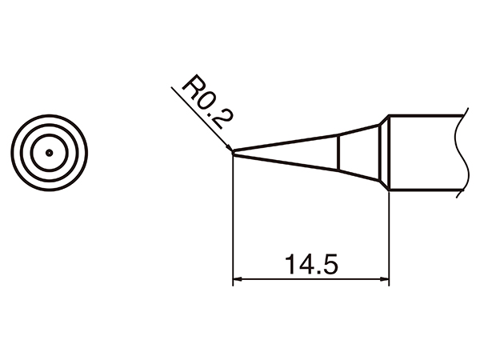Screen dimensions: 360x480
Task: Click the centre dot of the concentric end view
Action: [49, 151]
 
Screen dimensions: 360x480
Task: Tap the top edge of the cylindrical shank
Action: [424, 116]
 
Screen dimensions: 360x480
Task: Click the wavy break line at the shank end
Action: [461, 154]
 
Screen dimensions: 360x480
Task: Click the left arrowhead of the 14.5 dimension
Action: [238, 280]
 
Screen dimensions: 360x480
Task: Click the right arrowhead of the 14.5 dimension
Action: [383, 280]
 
